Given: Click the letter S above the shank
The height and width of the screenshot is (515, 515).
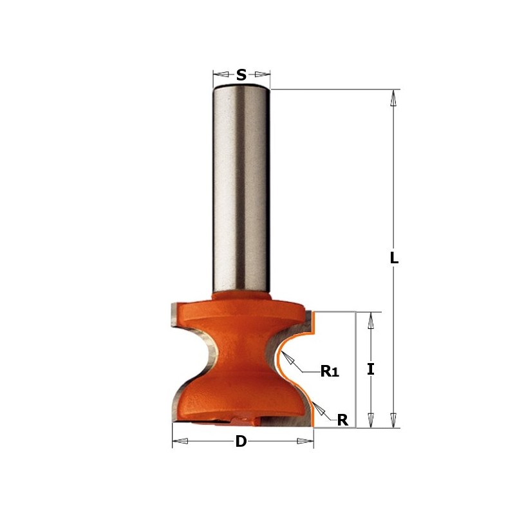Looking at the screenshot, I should pyautogui.click(x=241, y=75).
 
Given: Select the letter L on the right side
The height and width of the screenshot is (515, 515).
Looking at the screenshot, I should pyautogui.click(x=395, y=259).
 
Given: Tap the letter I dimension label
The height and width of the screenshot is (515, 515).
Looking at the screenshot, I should pyautogui.click(x=370, y=370).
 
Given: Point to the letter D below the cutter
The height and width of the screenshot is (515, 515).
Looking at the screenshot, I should pyautogui.click(x=241, y=442).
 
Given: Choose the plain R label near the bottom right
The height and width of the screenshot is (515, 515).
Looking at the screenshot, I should pyautogui.click(x=342, y=420).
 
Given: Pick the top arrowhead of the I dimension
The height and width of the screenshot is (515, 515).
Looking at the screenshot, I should pyautogui.click(x=370, y=320).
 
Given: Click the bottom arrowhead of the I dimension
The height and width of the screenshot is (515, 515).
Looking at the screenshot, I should pyautogui.click(x=370, y=419).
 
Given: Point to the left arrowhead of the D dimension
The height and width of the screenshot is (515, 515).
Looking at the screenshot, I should pyautogui.click(x=181, y=441).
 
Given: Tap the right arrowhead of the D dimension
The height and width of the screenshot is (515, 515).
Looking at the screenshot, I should pyautogui.click(x=304, y=441).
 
